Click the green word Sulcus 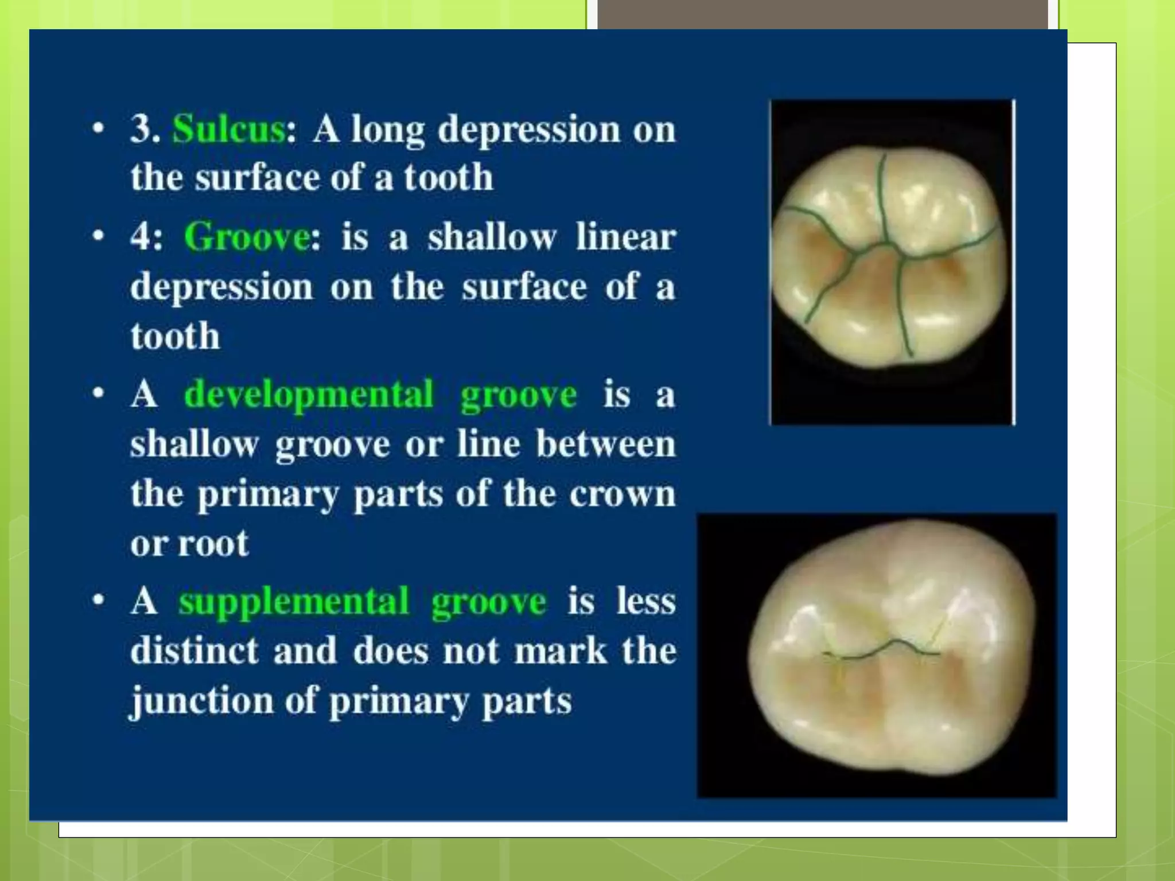click(x=228, y=128)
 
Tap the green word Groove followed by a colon click(x=247, y=237)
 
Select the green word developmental click(x=309, y=395)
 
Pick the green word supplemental click(x=293, y=602)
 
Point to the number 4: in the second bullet click(x=146, y=237)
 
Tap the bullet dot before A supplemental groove click(x=99, y=600)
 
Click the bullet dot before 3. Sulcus click(x=99, y=128)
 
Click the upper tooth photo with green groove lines click(x=892, y=262)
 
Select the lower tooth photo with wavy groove click(x=877, y=655)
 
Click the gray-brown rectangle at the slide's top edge click(x=822, y=14)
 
